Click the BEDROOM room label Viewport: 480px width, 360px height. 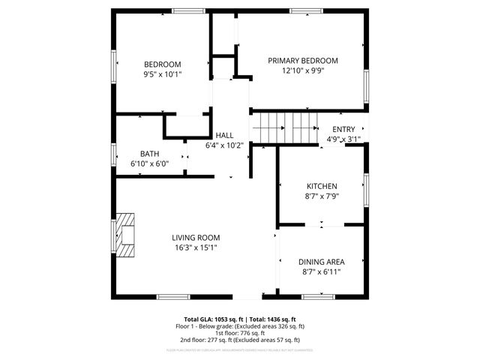(163, 64)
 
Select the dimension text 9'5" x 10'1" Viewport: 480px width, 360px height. (163, 74)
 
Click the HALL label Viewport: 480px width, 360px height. (224, 135)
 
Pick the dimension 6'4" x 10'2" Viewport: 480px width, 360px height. (224, 145)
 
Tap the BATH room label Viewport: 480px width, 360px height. (149, 154)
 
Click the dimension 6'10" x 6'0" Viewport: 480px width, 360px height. (149, 163)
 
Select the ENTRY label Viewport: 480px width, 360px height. (343, 129)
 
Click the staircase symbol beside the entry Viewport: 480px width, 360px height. (285, 129)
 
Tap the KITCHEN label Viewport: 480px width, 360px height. (322, 186)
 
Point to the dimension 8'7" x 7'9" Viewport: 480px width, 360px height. (322, 196)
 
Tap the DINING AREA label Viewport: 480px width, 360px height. (322, 262)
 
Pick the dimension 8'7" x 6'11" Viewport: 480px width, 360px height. (322, 271)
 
